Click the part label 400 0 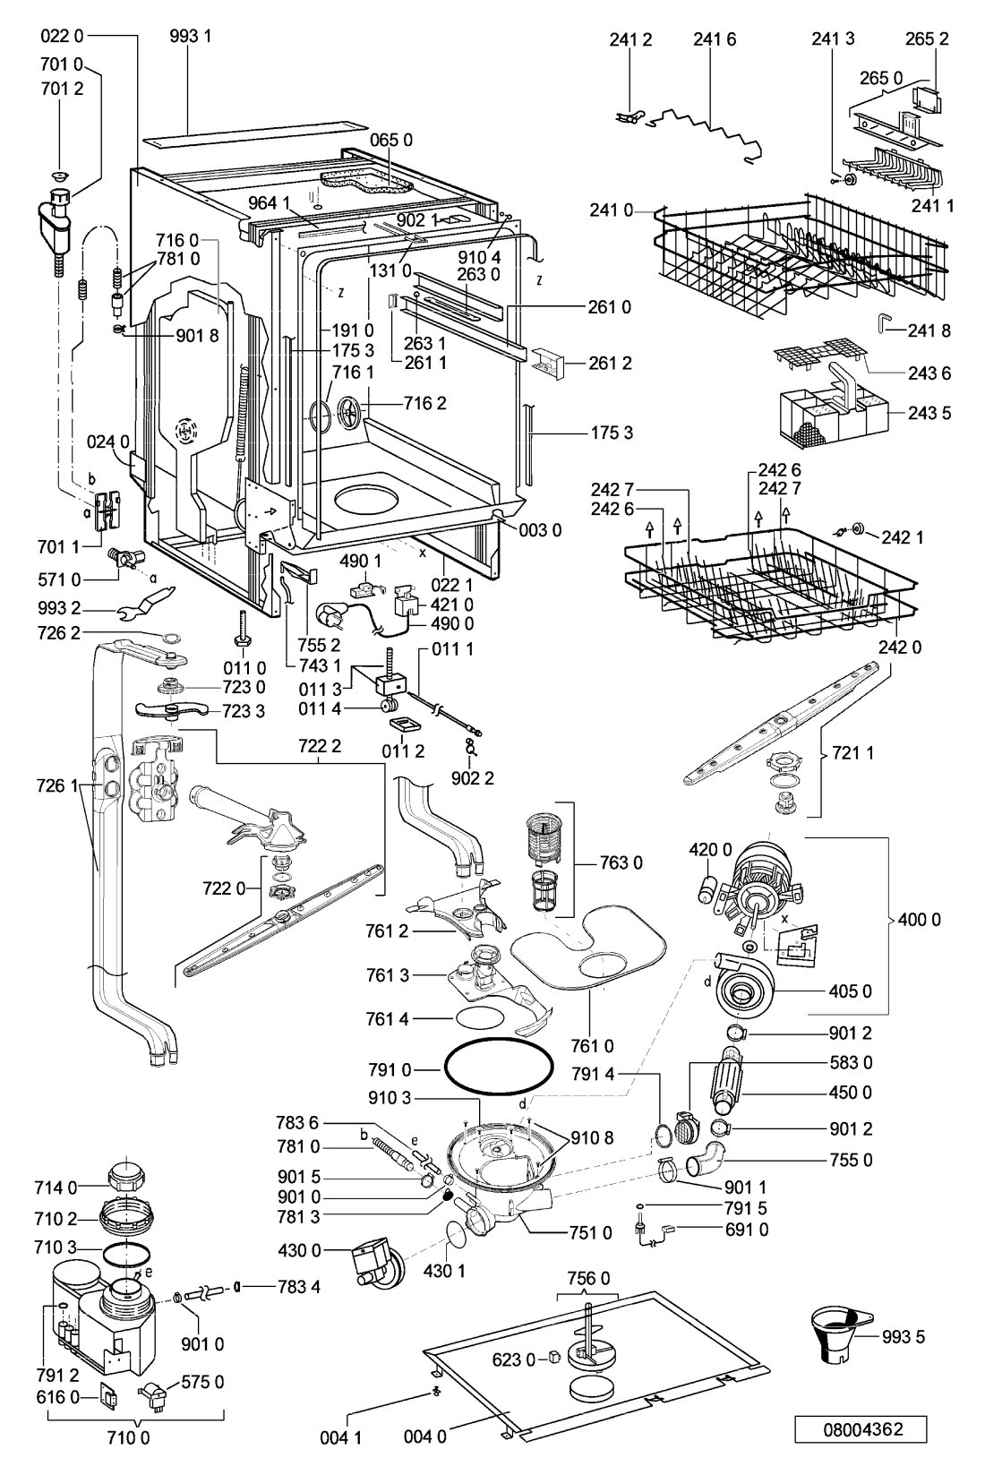tap(919, 919)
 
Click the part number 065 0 tap(391, 140)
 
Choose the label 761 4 tap(387, 1020)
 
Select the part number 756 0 tap(588, 1278)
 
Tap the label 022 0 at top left tap(62, 36)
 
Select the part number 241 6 tap(715, 39)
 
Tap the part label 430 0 tap(300, 1249)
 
